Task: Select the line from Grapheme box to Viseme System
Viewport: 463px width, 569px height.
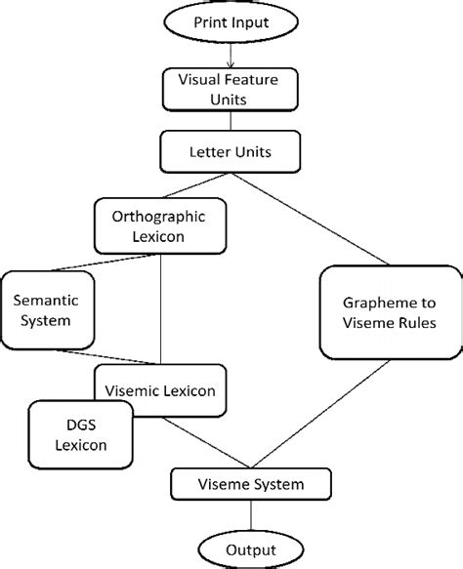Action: [x=316, y=415]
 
